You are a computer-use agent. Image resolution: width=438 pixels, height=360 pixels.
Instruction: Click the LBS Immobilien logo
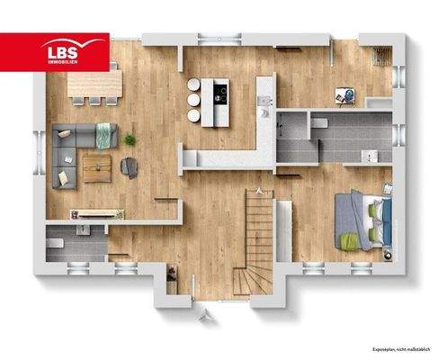click(x=55, y=52)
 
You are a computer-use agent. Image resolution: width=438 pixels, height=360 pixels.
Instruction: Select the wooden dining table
click(x=94, y=85)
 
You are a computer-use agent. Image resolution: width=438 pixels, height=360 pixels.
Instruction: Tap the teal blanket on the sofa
click(x=104, y=135)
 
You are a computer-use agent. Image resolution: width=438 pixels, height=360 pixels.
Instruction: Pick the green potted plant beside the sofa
click(x=130, y=139)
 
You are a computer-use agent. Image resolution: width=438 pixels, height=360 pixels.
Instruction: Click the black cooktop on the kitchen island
click(x=217, y=90)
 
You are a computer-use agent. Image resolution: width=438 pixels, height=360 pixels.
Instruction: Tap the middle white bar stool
click(x=193, y=100)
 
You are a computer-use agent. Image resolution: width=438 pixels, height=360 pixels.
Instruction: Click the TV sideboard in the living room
click(x=97, y=212)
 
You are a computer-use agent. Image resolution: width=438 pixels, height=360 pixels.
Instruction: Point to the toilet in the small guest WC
click(x=55, y=243)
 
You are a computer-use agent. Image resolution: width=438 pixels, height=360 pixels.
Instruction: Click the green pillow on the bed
click(x=350, y=240)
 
